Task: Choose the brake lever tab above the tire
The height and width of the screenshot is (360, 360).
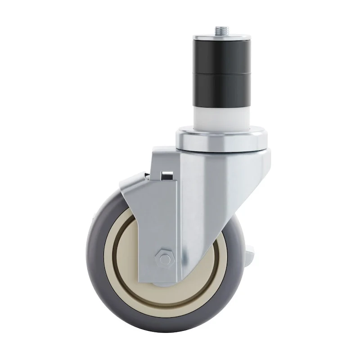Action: (133, 185)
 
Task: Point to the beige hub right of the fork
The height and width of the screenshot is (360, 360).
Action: (211, 270)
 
